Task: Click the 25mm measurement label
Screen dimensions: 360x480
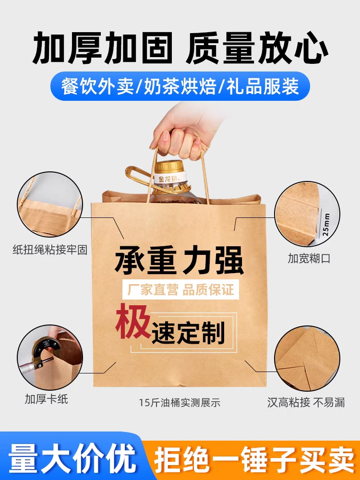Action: tap(326, 224)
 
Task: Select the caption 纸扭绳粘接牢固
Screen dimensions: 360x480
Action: tap(50, 250)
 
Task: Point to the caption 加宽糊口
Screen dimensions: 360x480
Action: tap(309, 258)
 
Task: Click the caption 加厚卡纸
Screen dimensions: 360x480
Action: tap(46, 399)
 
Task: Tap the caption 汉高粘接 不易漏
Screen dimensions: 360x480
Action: tap(306, 402)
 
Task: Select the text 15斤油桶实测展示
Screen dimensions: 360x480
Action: tap(180, 402)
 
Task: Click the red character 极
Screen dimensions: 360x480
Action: tap(133, 321)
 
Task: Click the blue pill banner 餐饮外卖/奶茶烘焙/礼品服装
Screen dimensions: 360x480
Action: tap(180, 86)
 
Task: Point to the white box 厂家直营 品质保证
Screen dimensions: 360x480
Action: tap(180, 289)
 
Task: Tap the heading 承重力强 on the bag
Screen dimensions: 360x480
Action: tap(179, 261)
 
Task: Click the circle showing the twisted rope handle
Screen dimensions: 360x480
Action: tap(50, 204)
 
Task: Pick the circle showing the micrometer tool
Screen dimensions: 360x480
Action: tap(50, 357)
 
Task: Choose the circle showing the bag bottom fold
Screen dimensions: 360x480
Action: tap(307, 358)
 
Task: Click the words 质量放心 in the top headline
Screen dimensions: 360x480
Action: tap(257, 48)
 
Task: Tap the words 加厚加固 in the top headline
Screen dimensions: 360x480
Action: tap(103, 48)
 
